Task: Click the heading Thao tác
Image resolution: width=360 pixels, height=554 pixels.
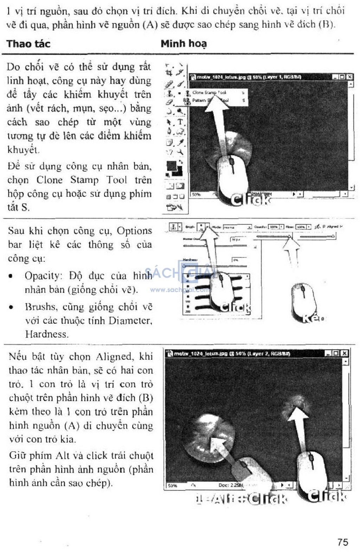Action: point(28,44)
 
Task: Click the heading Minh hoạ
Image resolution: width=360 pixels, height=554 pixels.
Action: point(184,44)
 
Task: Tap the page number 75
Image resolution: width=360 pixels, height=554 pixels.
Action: point(342,542)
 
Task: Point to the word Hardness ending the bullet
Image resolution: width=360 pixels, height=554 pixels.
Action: point(46,334)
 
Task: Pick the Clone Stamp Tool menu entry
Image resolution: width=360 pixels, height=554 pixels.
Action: point(209,93)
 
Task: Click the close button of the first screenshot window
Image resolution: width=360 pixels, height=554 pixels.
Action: point(350,77)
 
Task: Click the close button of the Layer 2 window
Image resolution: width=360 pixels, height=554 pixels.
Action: point(345,353)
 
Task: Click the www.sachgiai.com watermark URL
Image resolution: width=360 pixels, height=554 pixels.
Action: point(179,290)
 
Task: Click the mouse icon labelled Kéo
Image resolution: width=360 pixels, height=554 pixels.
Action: point(303,297)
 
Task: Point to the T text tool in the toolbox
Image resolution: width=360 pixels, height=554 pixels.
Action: point(180,122)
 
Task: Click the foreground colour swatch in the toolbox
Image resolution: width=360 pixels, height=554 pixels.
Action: point(172,166)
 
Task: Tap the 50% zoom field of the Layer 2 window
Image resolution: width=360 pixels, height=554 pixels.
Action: point(173,486)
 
